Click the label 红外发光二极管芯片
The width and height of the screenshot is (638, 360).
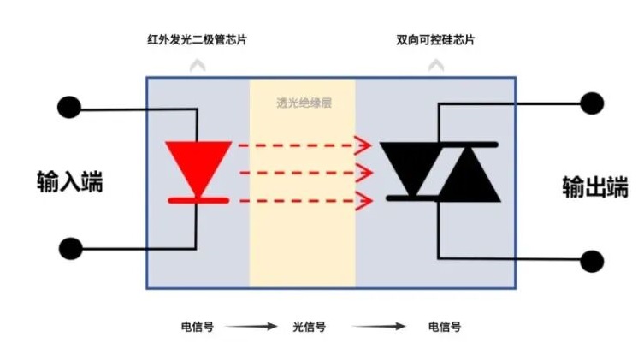pyautogui.click(x=201, y=40)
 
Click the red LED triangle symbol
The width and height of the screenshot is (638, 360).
pyautogui.click(x=198, y=160)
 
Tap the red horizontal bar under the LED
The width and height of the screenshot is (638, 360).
pyautogui.click(x=198, y=200)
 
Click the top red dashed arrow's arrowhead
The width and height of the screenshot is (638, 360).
pyautogui.click(x=366, y=145)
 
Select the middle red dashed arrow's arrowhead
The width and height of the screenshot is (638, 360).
pyautogui.click(x=366, y=173)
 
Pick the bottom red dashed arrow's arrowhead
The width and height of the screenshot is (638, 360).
pyautogui.click(x=366, y=201)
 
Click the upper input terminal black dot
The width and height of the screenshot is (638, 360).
pyautogui.click(x=68, y=108)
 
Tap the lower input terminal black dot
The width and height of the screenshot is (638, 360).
pyautogui.click(x=70, y=250)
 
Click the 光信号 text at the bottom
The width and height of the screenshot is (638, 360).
pyautogui.click(x=310, y=327)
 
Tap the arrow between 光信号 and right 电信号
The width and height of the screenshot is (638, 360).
pyautogui.click(x=377, y=327)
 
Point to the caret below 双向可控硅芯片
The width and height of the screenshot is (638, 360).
pyautogui.click(x=437, y=64)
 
